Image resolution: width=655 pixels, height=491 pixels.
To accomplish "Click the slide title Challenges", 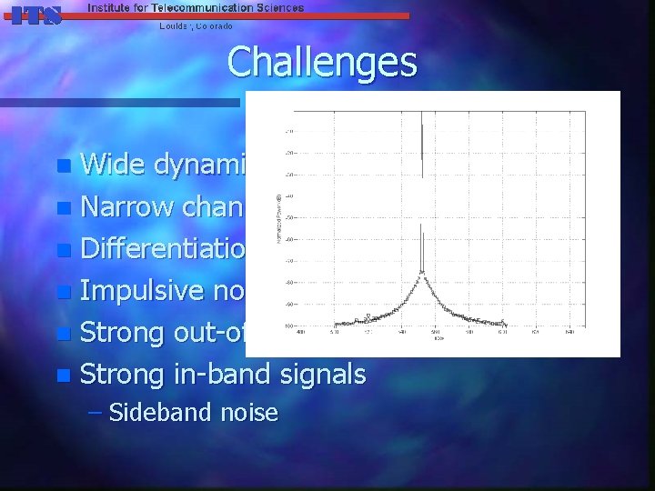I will point(322,63).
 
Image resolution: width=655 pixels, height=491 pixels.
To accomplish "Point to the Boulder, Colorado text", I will point(196,25).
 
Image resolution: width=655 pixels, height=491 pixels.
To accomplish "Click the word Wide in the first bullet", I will point(115,165).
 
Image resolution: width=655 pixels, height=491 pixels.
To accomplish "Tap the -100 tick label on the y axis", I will point(287,326).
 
